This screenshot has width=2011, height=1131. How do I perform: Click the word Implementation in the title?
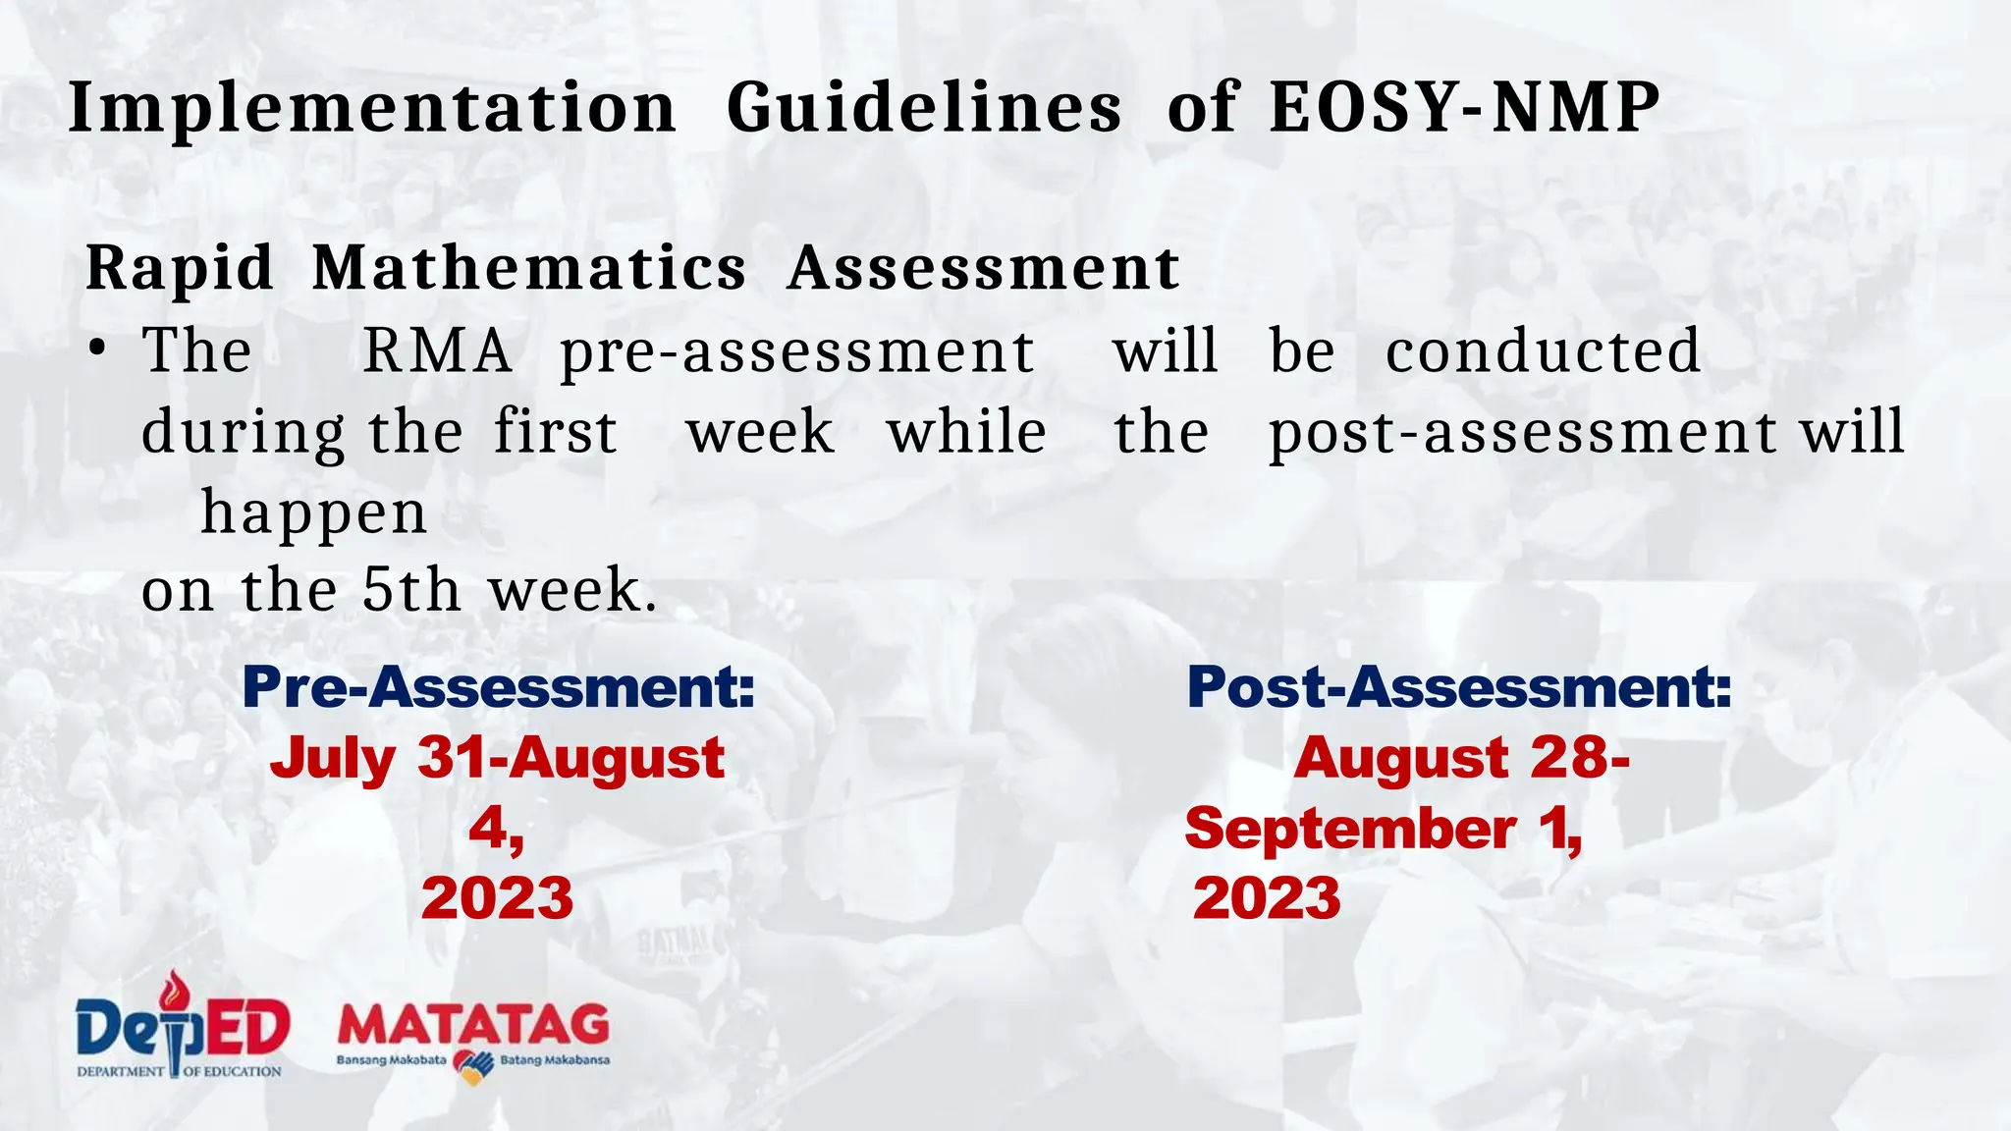372,108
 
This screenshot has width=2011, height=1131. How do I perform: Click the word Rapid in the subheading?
179,268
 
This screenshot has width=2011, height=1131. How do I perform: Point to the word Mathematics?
528,268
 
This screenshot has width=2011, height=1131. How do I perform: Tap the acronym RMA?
437,350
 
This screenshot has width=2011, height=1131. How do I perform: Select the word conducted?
1543,350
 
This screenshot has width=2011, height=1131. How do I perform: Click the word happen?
314,512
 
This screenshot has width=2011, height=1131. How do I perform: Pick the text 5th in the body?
410,590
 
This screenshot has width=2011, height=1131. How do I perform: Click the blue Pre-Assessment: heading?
499,686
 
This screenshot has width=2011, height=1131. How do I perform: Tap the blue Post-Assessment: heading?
1459,686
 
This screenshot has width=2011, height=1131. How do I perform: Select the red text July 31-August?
497,758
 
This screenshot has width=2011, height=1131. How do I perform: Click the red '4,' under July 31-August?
496,829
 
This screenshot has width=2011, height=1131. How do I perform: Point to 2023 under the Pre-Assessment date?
497,898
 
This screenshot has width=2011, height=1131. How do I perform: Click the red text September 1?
1384,829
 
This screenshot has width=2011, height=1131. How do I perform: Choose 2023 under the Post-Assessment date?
1267,898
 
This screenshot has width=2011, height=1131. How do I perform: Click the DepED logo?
183,1027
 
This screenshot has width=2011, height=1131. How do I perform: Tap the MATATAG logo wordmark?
473,1026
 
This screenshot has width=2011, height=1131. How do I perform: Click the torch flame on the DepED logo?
175,990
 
